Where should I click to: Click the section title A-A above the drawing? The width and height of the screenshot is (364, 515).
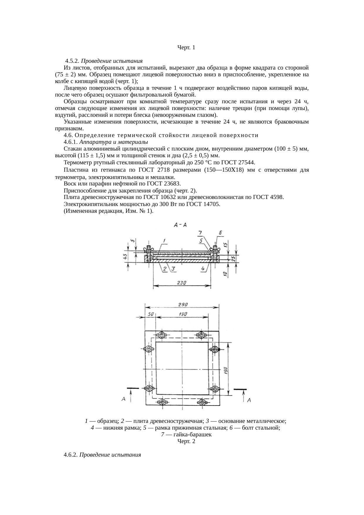[x=181, y=225]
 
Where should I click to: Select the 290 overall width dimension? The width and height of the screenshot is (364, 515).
[x=183, y=304]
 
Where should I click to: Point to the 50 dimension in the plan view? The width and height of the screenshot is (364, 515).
[x=151, y=314]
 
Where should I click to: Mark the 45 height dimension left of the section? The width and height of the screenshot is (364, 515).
[x=125, y=257]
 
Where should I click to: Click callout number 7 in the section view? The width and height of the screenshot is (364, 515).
[x=200, y=233]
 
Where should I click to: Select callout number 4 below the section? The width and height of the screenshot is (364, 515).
[x=203, y=268]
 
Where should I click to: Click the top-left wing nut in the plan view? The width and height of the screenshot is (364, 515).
[x=161, y=335]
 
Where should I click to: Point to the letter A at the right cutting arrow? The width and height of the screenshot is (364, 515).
[x=249, y=400]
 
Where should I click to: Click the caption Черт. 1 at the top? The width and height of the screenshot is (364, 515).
[x=186, y=47]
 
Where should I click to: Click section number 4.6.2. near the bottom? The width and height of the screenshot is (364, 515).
[x=70, y=455]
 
